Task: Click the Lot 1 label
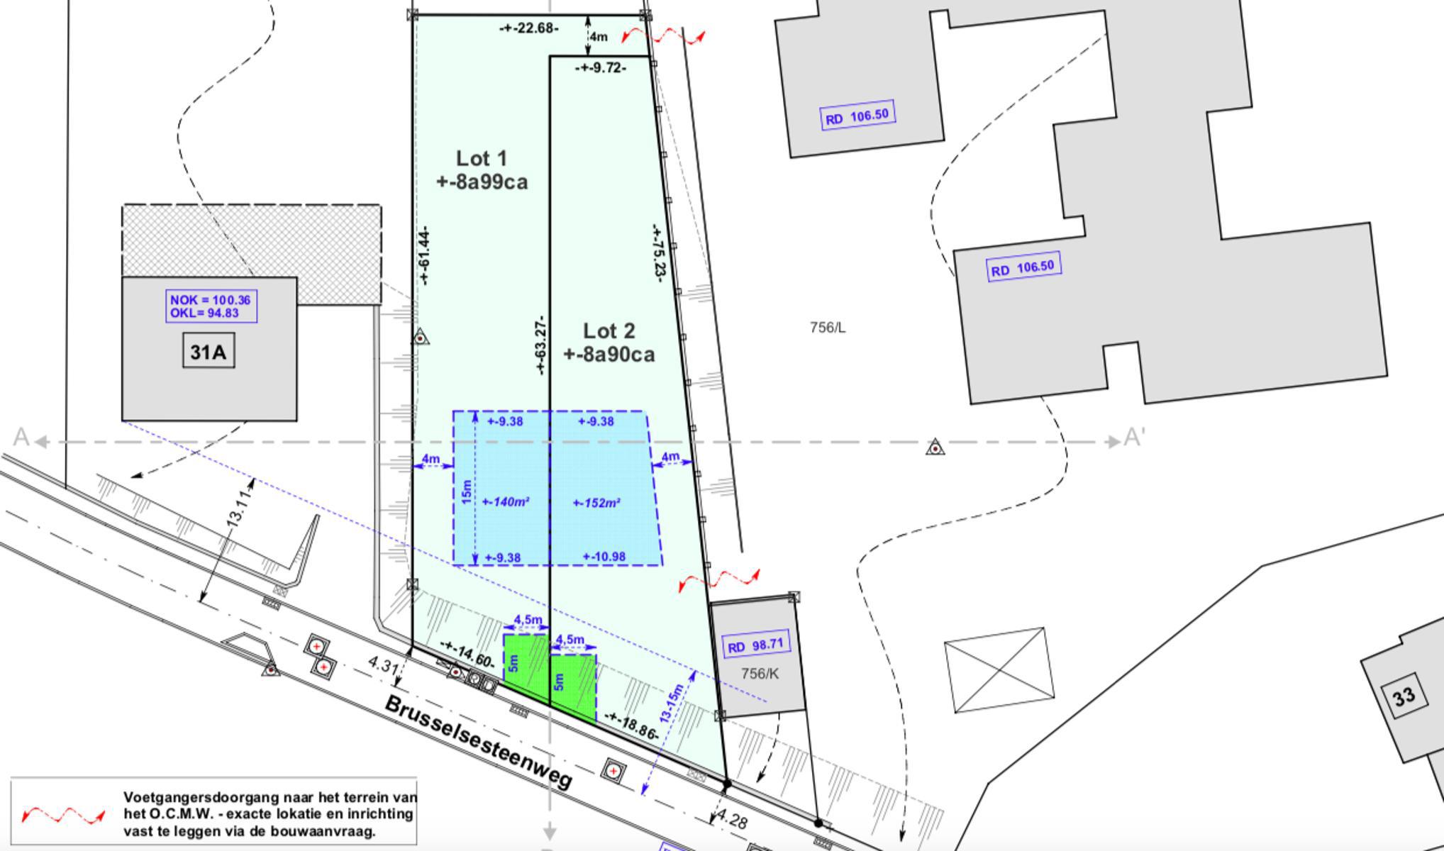pyautogui.click(x=481, y=158)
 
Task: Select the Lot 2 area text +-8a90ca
pyautogui.click(x=609, y=354)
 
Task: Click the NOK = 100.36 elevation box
pyautogui.click(x=211, y=306)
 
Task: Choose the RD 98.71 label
pyautogui.click(x=756, y=646)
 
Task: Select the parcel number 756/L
pyautogui.click(x=828, y=328)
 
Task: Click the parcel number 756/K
pyautogui.click(x=759, y=674)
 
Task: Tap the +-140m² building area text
pyautogui.click(x=506, y=502)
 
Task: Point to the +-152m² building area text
pyautogui.click(x=597, y=504)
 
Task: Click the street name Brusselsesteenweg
pyautogui.click(x=478, y=742)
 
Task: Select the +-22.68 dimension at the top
pyautogui.click(x=529, y=28)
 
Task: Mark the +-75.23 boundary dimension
pyautogui.click(x=657, y=253)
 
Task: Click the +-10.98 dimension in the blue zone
pyautogui.click(x=604, y=557)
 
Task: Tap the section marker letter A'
pyautogui.click(x=1135, y=438)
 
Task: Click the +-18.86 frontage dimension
pyautogui.click(x=628, y=727)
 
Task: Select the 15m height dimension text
pyautogui.click(x=466, y=492)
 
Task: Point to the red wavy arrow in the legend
pyautogui.click(x=64, y=816)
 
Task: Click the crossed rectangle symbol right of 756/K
pyautogui.click(x=999, y=670)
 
